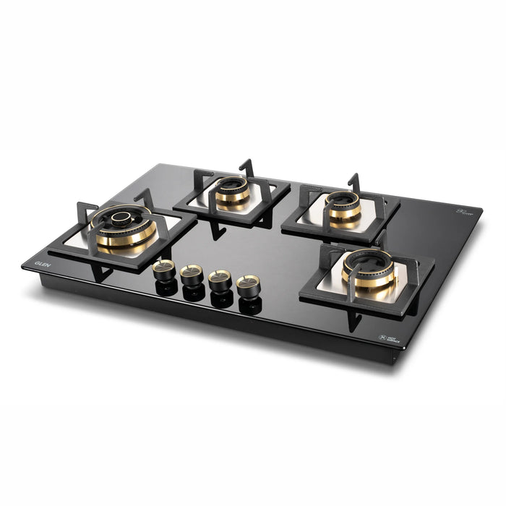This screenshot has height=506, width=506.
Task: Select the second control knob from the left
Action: tap(192, 274)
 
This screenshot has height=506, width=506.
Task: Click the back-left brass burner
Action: tap(232, 191)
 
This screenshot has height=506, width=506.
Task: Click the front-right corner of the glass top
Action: tap(405, 349)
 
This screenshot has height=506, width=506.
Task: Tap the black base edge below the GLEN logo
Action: tap(43, 277)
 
